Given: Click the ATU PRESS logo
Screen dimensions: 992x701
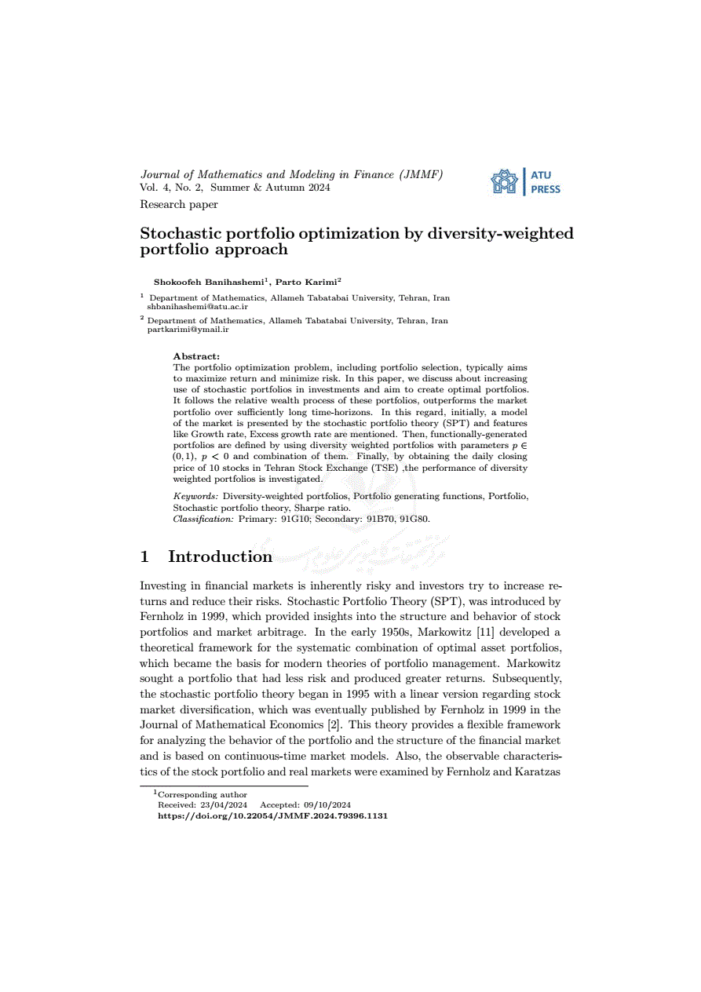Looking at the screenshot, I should pyautogui.click(x=525, y=182).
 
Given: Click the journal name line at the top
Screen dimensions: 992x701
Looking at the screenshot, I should pyautogui.click(x=291, y=174).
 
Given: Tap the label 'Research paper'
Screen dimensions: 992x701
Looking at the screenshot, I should pyautogui.click(x=179, y=205).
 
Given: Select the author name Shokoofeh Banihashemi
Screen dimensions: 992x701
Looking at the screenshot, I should pyautogui.click(x=209, y=281).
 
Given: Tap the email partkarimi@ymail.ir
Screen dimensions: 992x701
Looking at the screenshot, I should pyautogui.click(x=188, y=330).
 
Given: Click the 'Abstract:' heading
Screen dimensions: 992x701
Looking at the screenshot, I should pyautogui.click(x=196, y=356).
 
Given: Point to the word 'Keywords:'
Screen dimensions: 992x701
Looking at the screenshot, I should pyautogui.click(x=195, y=496).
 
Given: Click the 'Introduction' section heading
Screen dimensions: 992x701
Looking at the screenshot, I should pyautogui.click(x=220, y=556).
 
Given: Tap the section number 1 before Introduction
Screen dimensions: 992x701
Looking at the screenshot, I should pyautogui.click(x=144, y=556).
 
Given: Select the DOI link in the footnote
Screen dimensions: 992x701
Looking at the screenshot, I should pyautogui.click(x=272, y=815).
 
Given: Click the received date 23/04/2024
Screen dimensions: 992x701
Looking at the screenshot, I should pyautogui.click(x=225, y=805).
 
